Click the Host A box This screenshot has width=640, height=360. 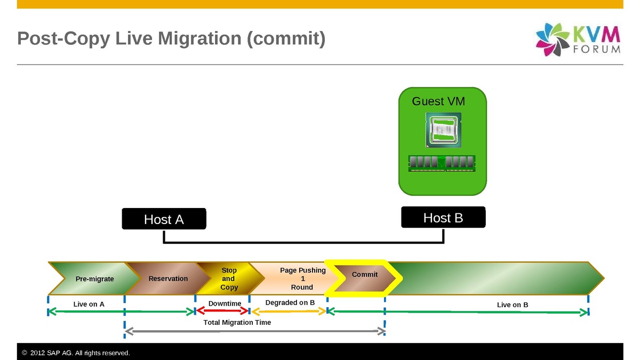pos(164,219)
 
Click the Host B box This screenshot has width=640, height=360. pos(443,218)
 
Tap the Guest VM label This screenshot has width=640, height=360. pos(438,101)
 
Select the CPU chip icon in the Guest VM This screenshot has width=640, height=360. pos(443,130)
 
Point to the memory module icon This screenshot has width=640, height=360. pos(442,163)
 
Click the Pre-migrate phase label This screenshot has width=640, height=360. pos(94,279)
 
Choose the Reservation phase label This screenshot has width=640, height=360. pos(168,278)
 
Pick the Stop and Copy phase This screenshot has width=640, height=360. pos(229,279)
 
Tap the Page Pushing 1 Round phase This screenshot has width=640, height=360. pos(302,278)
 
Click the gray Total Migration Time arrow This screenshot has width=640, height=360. pos(255,332)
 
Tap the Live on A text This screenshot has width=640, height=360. pos(89,305)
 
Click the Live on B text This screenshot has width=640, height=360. pos(513,305)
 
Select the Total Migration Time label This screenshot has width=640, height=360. pos(237,323)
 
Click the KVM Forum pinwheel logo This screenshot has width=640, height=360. pos(553,39)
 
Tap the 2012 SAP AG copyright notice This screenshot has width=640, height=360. pos(76,353)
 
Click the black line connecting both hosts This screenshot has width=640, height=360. pos(303,243)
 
